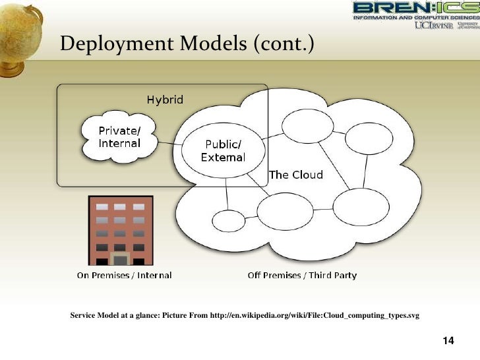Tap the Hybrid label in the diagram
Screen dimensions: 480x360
165,100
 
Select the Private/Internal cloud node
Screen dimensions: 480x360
119,136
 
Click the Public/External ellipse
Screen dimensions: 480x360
223,151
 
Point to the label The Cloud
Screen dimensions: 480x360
296,175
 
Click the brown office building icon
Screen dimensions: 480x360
120,230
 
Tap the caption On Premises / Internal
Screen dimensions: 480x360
124,275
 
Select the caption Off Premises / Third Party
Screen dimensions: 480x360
302,275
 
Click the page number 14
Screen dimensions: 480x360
448,341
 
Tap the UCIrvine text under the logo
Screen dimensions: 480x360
433,26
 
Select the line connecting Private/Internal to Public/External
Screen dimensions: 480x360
169,143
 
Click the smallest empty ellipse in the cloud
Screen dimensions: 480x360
228,221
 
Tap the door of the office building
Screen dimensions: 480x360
120,258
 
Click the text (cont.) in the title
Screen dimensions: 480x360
282,44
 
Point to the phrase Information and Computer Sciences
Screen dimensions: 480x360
416,18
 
